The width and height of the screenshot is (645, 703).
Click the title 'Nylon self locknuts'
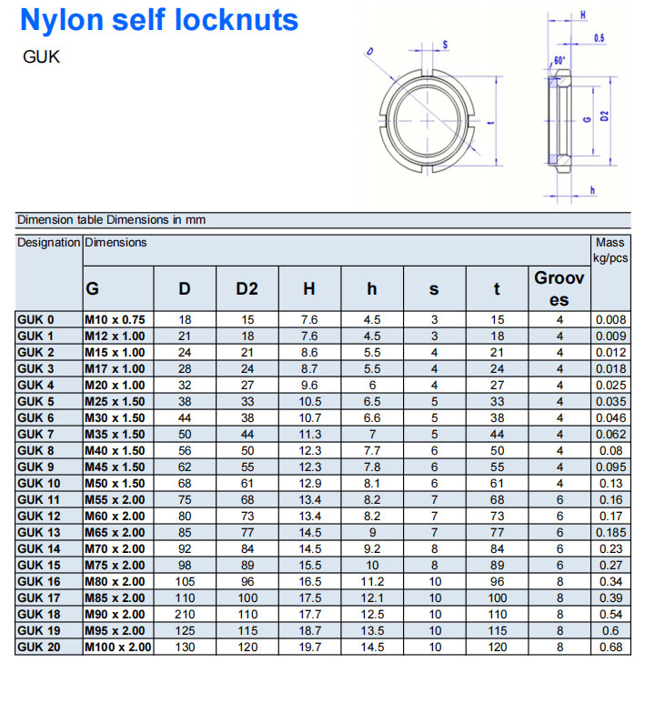click(x=159, y=20)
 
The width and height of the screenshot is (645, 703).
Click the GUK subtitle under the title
click(x=41, y=56)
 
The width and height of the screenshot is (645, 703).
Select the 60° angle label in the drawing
click(x=559, y=60)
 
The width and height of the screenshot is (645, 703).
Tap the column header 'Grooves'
click(x=559, y=288)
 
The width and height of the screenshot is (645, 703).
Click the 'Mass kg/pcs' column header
click(x=610, y=250)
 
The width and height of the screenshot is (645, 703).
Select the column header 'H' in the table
click(x=309, y=289)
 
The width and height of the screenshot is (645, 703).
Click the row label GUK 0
click(x=36, y=319)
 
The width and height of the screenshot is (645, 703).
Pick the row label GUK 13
click(x=39, y=532)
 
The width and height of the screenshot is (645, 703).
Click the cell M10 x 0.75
click(x=115, y=319)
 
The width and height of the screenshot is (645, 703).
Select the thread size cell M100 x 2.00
click(x=118, y=647)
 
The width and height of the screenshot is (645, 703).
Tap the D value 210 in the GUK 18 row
click(x=185, y=614)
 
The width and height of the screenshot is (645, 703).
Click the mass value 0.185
click(x=610, y=532)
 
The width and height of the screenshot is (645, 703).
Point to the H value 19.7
click(x=309, y=647)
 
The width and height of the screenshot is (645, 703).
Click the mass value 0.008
click(x=610, y=319)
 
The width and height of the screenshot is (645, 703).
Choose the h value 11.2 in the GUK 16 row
click(x=372, y=581)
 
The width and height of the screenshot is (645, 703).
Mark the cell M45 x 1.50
click(x=115, y=467)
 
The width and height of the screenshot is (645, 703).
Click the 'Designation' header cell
click(x=49, y=243)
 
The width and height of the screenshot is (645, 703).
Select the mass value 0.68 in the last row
click(x=610, y=647)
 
